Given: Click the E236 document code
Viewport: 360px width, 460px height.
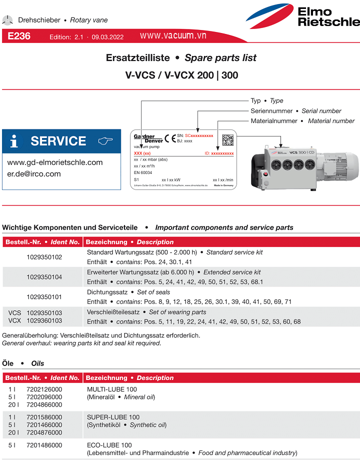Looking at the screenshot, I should coord(19,36).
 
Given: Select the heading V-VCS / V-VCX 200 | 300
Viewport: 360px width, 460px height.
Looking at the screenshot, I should coord(181,75).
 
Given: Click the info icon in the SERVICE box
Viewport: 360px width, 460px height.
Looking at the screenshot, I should coord(14,141).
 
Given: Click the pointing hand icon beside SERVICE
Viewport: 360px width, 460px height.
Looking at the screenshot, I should coord(105,141).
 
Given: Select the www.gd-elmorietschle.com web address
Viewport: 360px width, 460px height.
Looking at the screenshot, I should coord(55,162).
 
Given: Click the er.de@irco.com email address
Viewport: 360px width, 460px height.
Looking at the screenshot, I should coord(34,174).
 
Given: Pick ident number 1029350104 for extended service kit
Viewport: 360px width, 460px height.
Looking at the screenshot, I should coord(44,276).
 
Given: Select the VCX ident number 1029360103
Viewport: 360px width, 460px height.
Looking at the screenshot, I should coord(44,320).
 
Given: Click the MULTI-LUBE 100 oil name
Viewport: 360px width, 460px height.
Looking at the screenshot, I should coord(112,389).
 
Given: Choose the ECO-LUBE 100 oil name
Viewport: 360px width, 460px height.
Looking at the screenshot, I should coord(109,445).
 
